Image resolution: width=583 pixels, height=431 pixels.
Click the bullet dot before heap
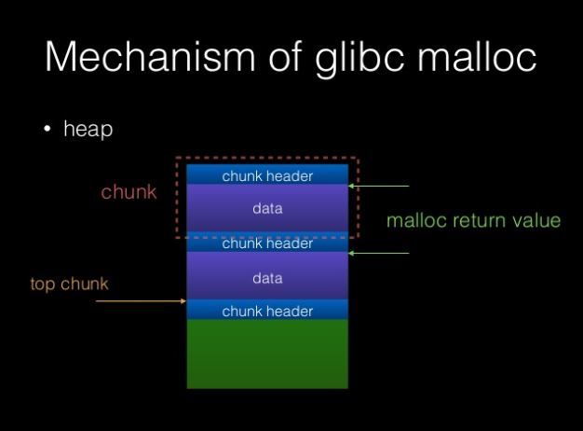point(47,130)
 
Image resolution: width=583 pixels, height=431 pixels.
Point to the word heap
point(88,130)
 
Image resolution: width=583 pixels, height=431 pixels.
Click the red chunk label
point(129,193)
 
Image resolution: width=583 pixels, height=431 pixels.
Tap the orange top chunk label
point(69,284)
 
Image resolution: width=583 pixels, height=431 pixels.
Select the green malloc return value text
point(473,221)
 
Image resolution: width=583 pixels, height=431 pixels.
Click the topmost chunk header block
point(267,175)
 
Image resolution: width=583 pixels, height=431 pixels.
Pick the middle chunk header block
point(267,243)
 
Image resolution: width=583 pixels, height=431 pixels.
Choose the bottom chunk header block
point(267,311)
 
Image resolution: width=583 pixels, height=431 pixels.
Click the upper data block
point(267,209)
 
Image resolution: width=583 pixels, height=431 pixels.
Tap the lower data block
point(267,278)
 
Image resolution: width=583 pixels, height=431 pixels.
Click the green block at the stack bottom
point(267,354)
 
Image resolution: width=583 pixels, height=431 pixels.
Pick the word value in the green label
point(537,221)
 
